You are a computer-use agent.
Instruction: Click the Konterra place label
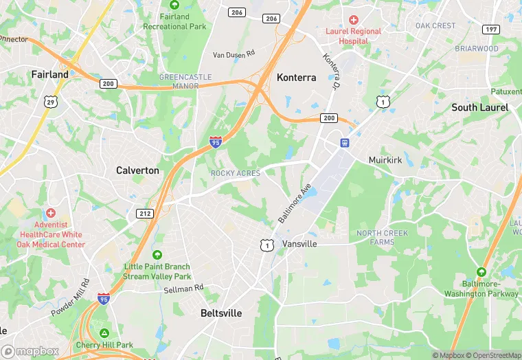pos(296,78)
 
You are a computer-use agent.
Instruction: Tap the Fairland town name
pos(49,74)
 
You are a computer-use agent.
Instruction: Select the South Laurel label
pos(479,107)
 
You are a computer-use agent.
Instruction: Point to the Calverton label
pos(137,170)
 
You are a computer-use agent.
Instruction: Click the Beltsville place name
pos(221,313)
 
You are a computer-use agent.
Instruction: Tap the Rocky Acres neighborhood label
pos(236,174)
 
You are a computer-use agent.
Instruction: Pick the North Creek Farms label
pos(382,237)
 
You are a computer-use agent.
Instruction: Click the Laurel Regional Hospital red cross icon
pos(354,21)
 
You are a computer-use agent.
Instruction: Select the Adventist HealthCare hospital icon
pos(49,214)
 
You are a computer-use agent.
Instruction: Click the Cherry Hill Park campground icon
pos(104,333)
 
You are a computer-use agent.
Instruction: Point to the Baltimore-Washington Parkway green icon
pos(481,272)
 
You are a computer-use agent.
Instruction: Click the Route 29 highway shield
pos(50,102)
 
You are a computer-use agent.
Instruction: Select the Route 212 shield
pos(144,214)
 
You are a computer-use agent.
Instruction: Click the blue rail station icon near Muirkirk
pos(345,143)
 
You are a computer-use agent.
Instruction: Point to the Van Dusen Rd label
pos(234,54)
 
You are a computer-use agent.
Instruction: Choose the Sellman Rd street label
pos(184,289)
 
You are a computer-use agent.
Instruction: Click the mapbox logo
pos(30,351)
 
